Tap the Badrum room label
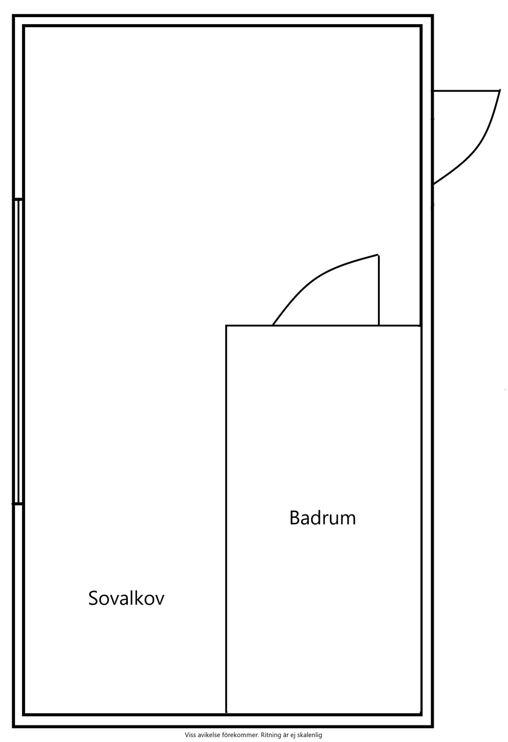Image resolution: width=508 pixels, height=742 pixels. click(322, 518)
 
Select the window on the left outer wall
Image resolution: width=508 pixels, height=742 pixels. click(18, 352)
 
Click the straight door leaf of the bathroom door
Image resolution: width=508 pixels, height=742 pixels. click(379, 290)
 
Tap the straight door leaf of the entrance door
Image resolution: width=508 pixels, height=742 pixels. click(466, 90)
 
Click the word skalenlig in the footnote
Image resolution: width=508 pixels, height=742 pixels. click(310, 735)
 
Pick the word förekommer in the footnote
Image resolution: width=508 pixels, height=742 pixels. click(242, 735)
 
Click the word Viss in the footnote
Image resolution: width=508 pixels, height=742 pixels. click(190, 735)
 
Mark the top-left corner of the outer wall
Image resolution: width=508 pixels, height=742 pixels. click(13, 15)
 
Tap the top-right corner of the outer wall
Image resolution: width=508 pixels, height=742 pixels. click(433, 15)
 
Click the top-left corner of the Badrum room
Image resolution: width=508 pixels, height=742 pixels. click(226, 326)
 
